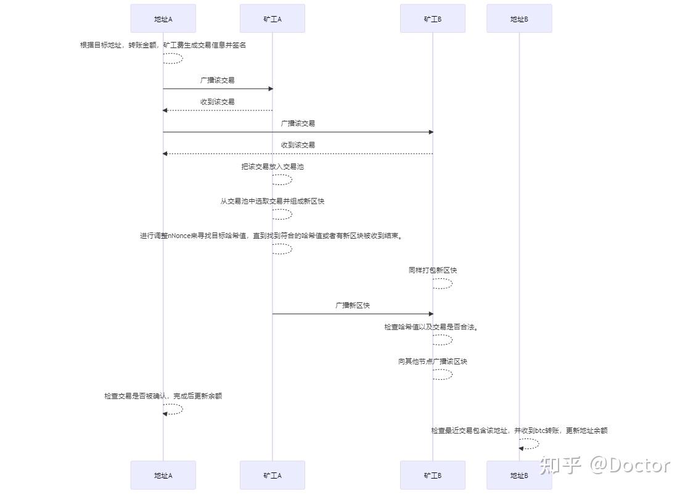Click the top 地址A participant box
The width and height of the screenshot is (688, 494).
(x=163, y=19)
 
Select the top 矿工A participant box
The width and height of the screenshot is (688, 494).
(x=272, y=19)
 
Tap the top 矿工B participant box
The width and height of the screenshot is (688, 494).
(x=433, y=19)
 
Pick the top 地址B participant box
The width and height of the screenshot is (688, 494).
(x=519, y=19)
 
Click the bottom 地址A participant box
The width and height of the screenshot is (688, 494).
(x=163, y=475)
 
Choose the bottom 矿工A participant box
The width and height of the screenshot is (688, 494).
(x=272, y=475)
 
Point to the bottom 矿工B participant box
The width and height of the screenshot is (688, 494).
(x=433, y=475)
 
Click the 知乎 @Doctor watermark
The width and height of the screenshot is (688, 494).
(x=604, y=465)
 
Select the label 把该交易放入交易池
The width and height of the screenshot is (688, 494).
(x=272, y=167)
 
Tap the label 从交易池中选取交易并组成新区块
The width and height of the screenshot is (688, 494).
(x=272, y=201)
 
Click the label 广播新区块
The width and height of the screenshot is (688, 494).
(x=353, y=305)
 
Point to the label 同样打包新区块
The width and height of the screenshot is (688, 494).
(x=433, y=270)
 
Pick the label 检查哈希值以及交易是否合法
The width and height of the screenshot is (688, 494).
(x=432, y=327)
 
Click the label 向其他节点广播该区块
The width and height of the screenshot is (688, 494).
(x=433, y=361)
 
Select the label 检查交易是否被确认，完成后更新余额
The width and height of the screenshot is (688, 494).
(x=163, y=396)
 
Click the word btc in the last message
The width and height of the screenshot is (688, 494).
(x=541, y=430)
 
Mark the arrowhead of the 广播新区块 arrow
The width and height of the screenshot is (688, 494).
(x=431, y=314)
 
